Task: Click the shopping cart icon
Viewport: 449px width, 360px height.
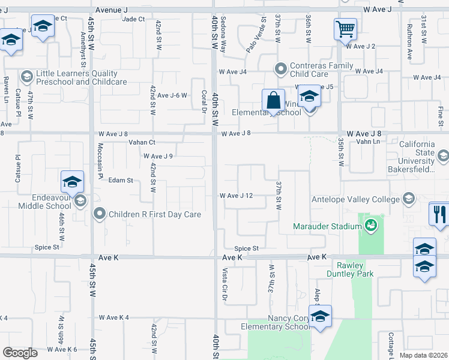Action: coord(345,28)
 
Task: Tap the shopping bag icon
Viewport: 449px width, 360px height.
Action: coord(273,100)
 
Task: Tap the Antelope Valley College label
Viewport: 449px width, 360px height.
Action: coord(355,199)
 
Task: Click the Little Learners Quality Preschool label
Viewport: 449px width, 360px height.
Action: coord(81,77)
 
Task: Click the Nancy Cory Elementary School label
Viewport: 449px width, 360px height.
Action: coord(274,322)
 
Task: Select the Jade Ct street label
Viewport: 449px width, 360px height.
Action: coord(133,19)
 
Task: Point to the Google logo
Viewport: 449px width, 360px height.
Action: coord(20,353)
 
